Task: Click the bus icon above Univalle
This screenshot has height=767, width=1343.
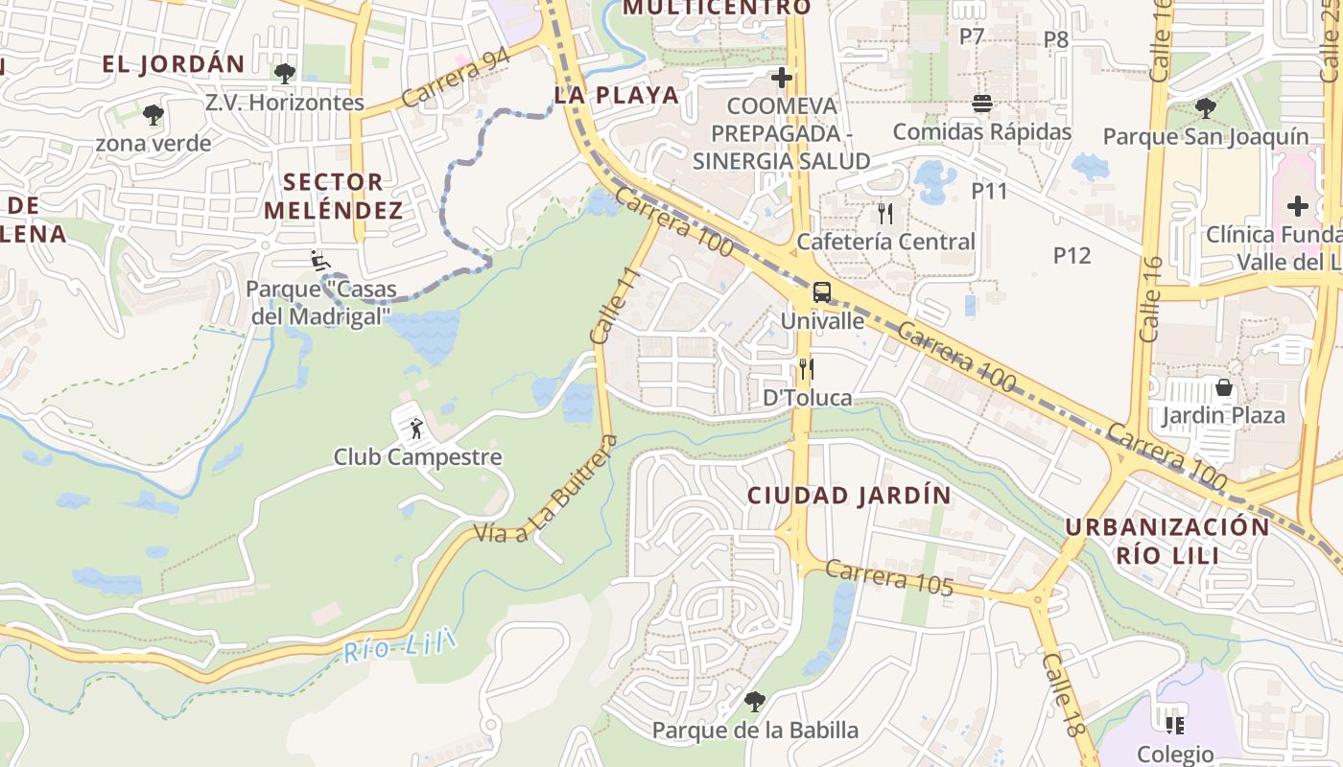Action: point(821,292)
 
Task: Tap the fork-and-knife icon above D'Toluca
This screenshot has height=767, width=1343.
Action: point(806,369)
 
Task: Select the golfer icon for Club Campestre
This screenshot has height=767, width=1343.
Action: point(415,429)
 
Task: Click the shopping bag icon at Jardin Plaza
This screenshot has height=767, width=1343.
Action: point(1224,388)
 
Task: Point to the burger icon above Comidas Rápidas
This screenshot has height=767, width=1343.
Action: point(981,104)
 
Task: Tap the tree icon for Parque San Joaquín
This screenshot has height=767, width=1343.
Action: point(1205,108)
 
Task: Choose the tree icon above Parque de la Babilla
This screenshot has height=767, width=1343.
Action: point(755,702)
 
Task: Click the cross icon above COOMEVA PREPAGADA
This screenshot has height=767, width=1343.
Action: point(782,77)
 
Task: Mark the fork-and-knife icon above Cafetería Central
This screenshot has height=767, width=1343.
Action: point(884,213)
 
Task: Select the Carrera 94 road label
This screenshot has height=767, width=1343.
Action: point(456,78)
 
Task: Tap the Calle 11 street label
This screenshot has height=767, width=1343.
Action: point(615,306)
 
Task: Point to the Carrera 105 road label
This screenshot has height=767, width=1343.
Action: point(889,578)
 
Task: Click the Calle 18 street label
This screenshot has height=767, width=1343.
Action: point(1066,695)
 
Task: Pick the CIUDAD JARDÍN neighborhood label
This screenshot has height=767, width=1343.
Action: point(849,496)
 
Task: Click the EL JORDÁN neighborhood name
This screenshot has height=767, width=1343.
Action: point(174,64)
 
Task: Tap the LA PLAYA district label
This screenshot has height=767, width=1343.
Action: point(617,95)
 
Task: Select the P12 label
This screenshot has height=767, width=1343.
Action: point(1072,255)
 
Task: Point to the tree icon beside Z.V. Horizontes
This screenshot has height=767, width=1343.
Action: point(284,73)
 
